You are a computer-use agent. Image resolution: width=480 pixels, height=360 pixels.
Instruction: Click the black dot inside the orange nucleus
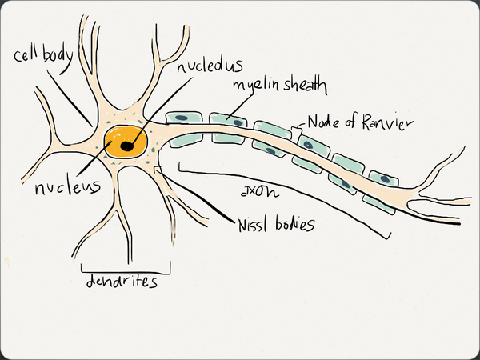127,146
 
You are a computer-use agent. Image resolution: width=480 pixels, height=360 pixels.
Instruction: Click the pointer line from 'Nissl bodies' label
196,194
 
